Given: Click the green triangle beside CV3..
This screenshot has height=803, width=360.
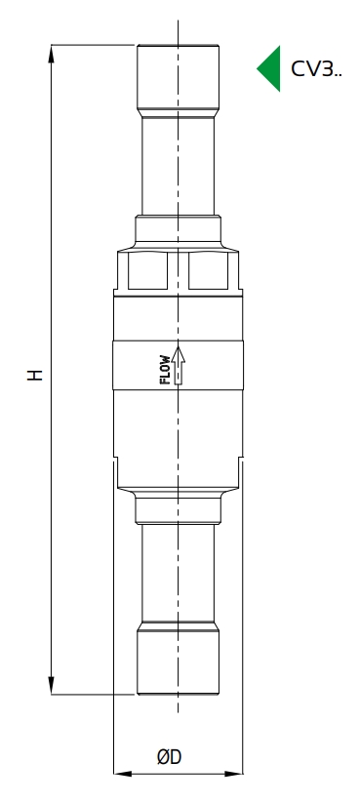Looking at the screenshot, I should pos(270,68).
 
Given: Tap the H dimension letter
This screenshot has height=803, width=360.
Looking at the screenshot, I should pos(35,373).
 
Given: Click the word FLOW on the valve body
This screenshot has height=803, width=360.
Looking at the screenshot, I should pos(165,369).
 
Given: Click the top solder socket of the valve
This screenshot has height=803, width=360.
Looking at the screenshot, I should pos(178,78).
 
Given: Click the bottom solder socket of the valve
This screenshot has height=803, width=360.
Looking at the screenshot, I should pos(178,663).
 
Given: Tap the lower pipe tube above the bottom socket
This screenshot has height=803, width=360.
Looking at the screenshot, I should pos(178,576).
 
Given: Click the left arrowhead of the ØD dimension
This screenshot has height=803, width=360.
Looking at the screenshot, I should pos(121,775).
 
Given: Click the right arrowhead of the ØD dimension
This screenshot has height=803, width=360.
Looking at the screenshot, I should pos(235,775).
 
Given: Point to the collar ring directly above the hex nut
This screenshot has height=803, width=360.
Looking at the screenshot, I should pos(178,233).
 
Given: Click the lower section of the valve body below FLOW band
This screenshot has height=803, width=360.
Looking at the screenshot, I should pos(178,429).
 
